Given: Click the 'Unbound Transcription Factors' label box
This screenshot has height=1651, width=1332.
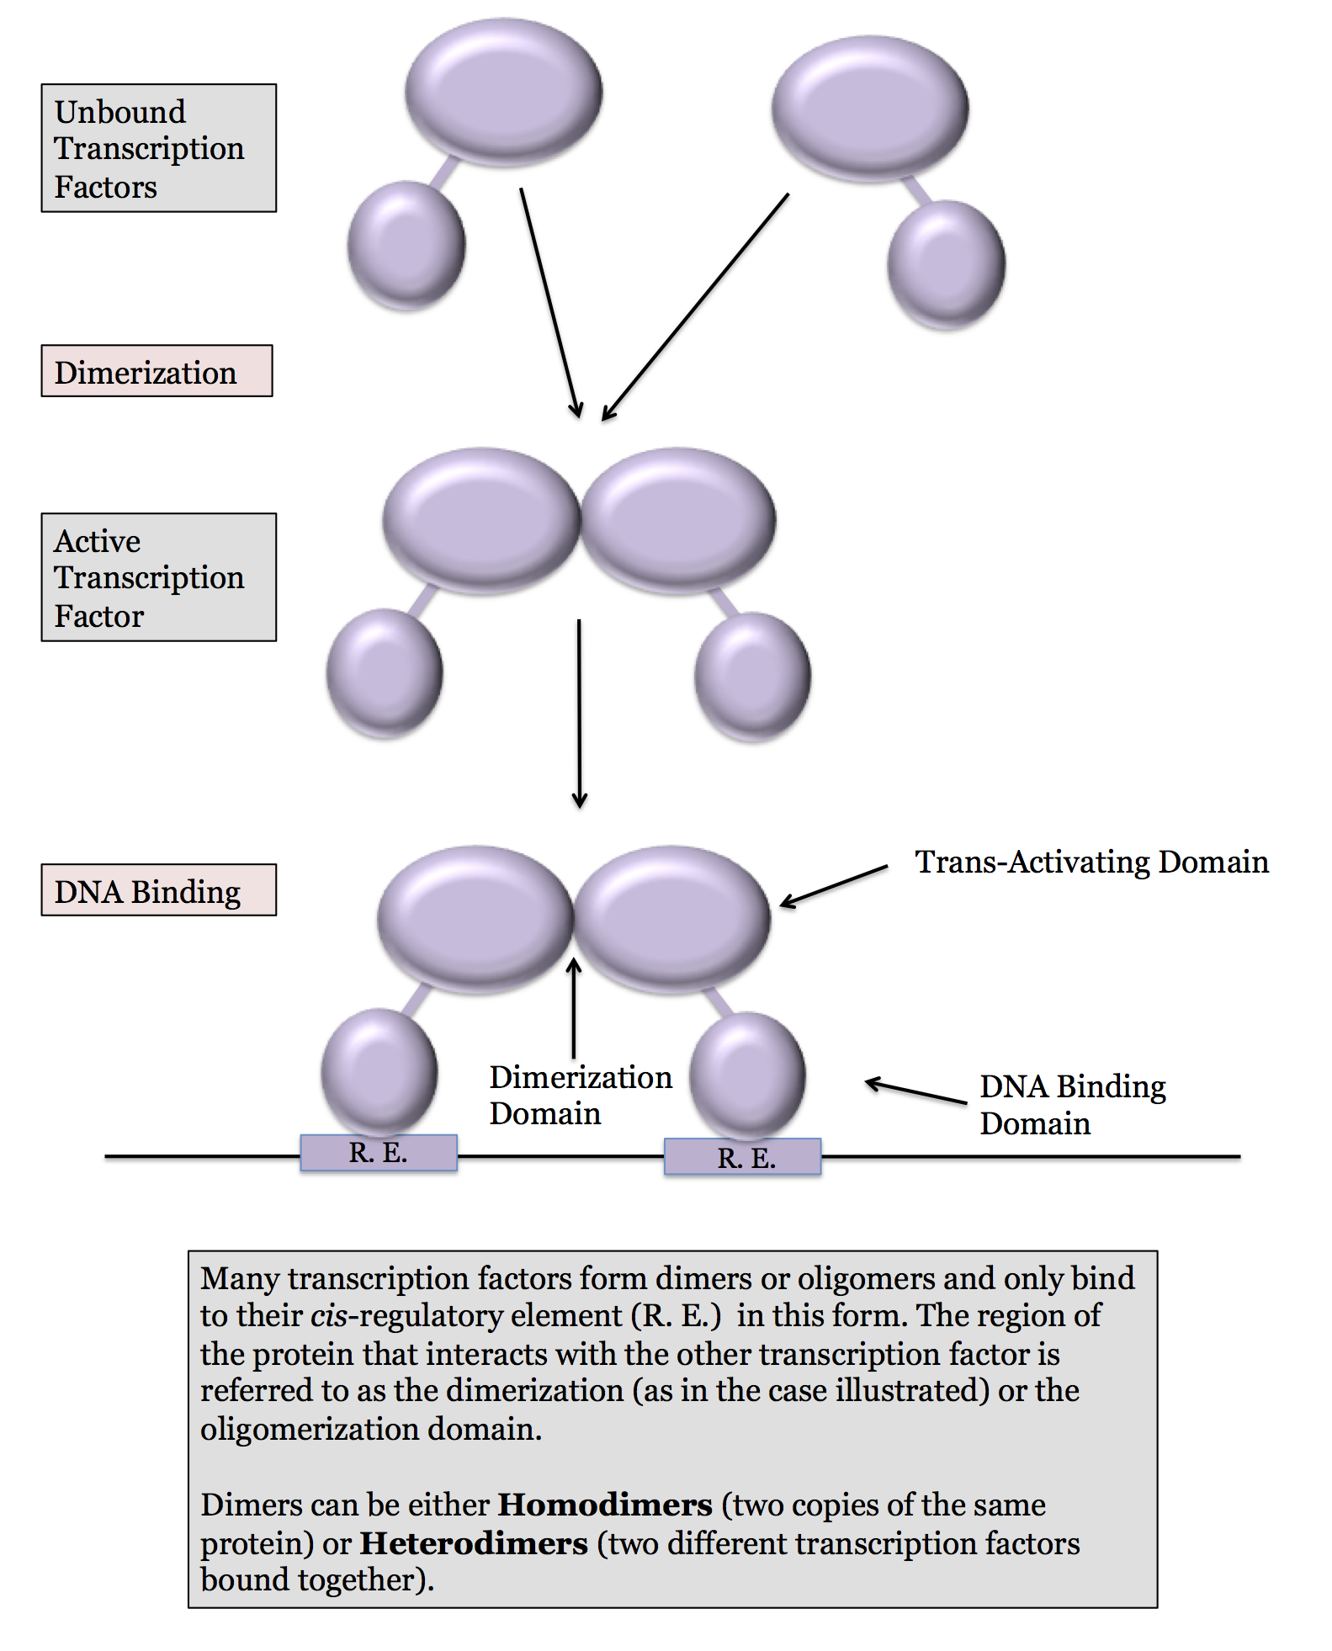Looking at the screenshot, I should point(158,148).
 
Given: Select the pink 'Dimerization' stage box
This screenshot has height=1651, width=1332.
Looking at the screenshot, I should point(157,371).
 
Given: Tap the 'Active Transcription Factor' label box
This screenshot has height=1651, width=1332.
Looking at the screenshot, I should point(158,577).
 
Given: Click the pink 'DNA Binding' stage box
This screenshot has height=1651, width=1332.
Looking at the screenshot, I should point(158,890).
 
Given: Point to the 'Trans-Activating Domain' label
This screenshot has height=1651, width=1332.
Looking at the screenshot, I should point(1091,862).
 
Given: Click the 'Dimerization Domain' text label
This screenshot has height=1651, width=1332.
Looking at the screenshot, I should point(580,1095).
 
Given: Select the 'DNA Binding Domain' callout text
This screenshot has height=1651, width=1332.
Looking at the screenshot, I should point(1072,1104).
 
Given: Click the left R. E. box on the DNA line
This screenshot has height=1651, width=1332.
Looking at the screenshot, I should point(379,1153).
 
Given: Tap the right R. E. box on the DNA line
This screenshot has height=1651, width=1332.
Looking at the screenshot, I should point(742,1157).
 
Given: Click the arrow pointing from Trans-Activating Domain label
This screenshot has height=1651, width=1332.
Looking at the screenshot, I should point(833,885).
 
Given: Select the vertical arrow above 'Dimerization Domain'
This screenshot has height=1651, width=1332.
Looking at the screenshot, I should point(574,1008).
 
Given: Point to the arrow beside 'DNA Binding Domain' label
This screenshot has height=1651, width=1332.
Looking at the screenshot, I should point(915,1091).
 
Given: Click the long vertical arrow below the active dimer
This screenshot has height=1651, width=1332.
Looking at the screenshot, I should point(579,714).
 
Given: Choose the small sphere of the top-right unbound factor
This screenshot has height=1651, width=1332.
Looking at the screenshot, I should point(946,263).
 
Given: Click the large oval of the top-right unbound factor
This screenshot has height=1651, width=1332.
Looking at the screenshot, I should point(870,108).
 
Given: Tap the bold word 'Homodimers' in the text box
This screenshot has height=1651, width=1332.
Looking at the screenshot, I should point(605,1505).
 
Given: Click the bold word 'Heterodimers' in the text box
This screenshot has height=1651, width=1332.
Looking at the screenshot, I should point(474,1543).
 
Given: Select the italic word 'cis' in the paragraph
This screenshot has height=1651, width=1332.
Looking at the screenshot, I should point(329,1315).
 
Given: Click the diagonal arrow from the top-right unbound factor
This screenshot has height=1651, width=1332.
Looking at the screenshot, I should point(695,307).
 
